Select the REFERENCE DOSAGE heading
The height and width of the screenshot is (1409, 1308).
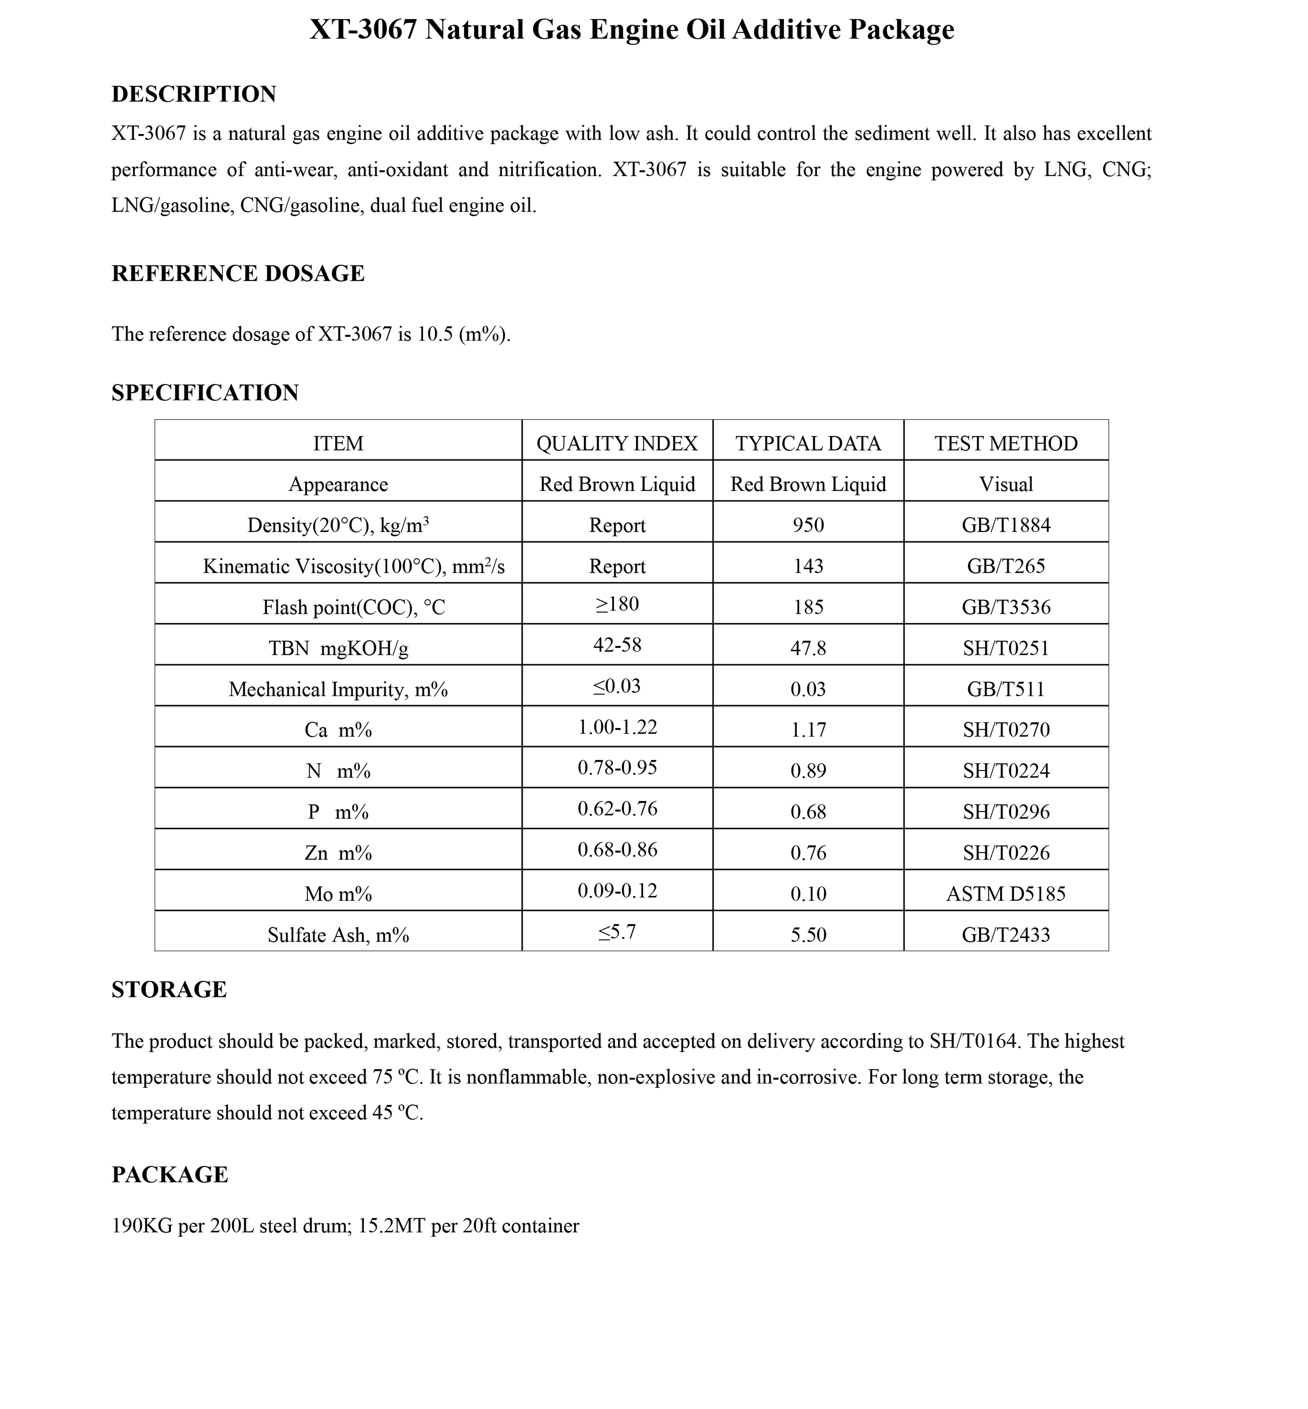click(238, 274)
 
